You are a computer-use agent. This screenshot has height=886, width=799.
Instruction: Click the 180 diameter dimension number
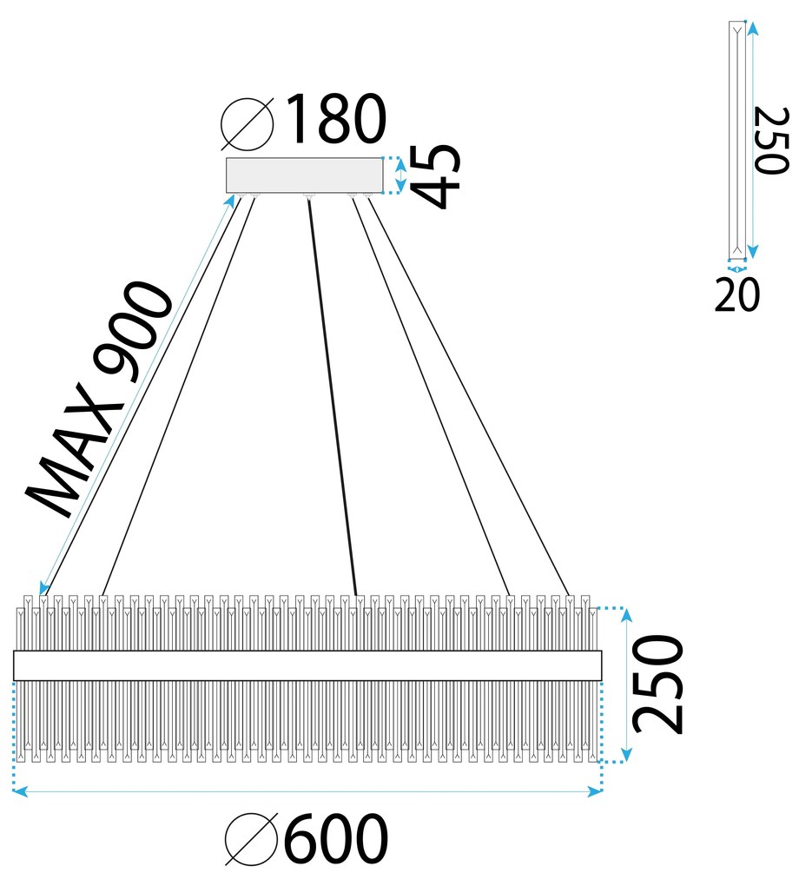point(336,119)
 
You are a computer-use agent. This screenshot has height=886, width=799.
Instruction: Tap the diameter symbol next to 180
point(248,123)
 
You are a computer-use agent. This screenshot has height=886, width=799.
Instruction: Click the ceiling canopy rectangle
point(304,175)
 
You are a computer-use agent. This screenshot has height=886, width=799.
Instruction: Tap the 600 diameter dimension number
point(335,838)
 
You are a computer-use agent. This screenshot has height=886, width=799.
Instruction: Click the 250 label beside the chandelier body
point(657,684)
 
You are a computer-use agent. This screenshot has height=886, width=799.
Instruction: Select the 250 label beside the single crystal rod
point(770,141)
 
